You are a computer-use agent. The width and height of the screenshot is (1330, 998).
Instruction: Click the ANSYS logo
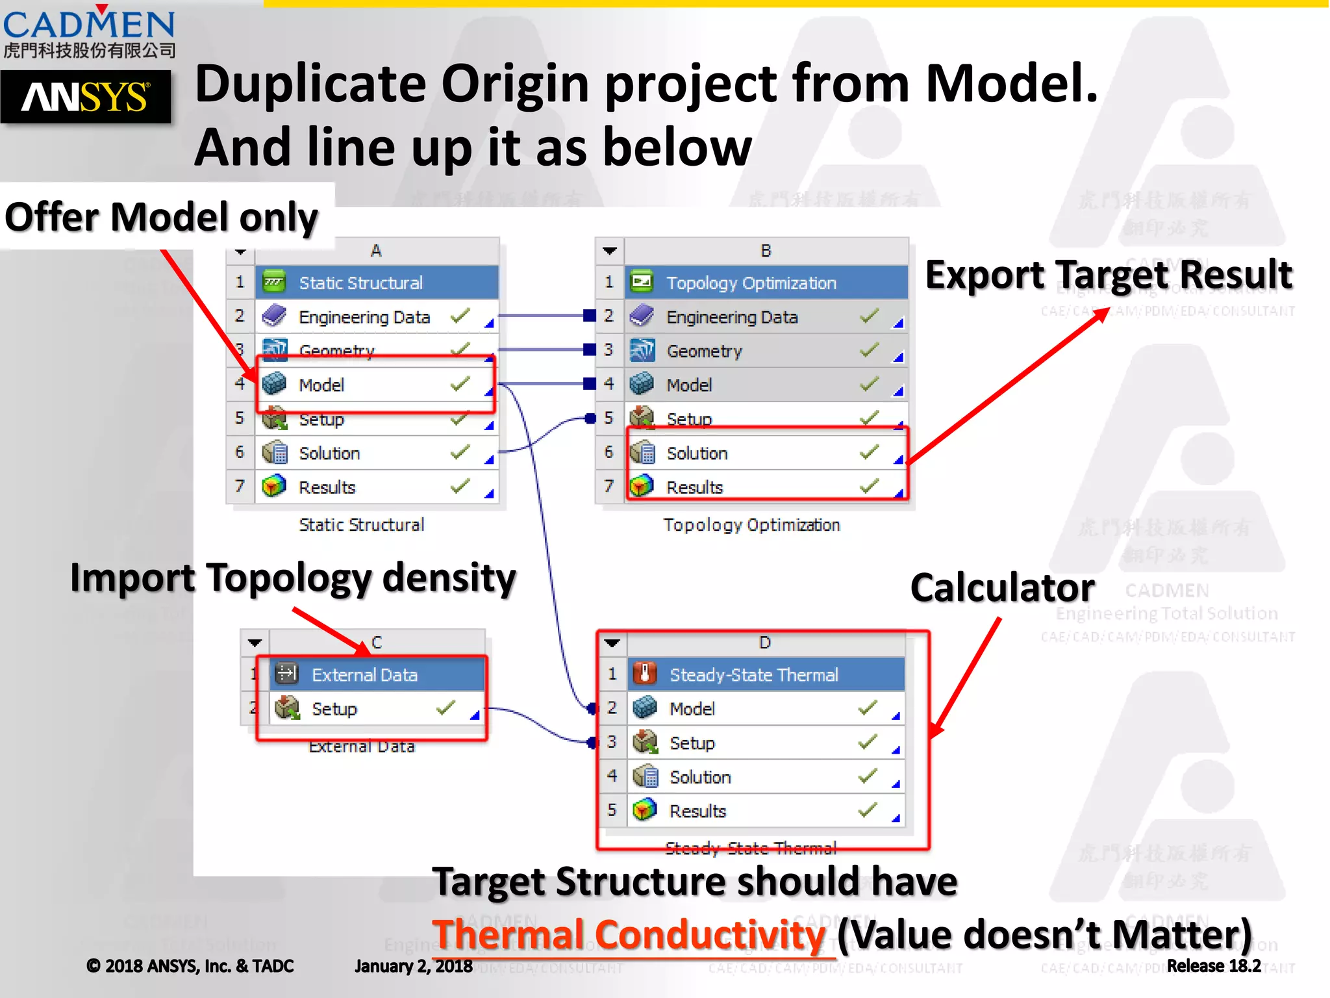coord(85,97)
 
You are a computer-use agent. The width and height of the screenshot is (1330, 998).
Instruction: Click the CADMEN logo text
coord(89,25)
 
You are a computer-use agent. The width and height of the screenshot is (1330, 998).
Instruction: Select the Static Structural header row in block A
coord(361,283)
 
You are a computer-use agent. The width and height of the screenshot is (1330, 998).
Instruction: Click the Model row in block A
coord(322,385)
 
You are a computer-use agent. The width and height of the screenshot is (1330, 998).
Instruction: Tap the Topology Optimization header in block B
coord(751,283)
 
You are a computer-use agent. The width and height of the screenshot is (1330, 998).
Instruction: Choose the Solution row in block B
coord(697,453)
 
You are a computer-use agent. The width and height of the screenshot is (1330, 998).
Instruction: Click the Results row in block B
coord(695,487)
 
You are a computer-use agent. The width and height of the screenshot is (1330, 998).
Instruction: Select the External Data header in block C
coord(364,674)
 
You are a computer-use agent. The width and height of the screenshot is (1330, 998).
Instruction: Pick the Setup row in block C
coord(334,708)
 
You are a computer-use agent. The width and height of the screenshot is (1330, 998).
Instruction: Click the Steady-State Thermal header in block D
coord(753,674)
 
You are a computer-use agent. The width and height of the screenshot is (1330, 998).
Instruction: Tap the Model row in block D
coord(692,708)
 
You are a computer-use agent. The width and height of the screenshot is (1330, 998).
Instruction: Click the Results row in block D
coord(697,810)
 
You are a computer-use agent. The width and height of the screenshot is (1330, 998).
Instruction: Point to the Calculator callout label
coord(1002,588)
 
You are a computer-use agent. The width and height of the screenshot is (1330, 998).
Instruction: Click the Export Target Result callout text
coord(1109,274)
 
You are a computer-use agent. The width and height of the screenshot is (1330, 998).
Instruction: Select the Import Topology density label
coord(293,578)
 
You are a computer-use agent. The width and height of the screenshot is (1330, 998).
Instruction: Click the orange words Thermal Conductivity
coord(628,935)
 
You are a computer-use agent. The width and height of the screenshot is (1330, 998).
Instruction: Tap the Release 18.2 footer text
coord(1213,966)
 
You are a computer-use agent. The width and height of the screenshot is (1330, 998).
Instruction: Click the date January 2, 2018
coord(414,966)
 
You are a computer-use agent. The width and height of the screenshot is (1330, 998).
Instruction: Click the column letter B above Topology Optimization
coord(766,251)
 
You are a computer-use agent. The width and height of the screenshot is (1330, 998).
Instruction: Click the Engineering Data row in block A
coord(364,317)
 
